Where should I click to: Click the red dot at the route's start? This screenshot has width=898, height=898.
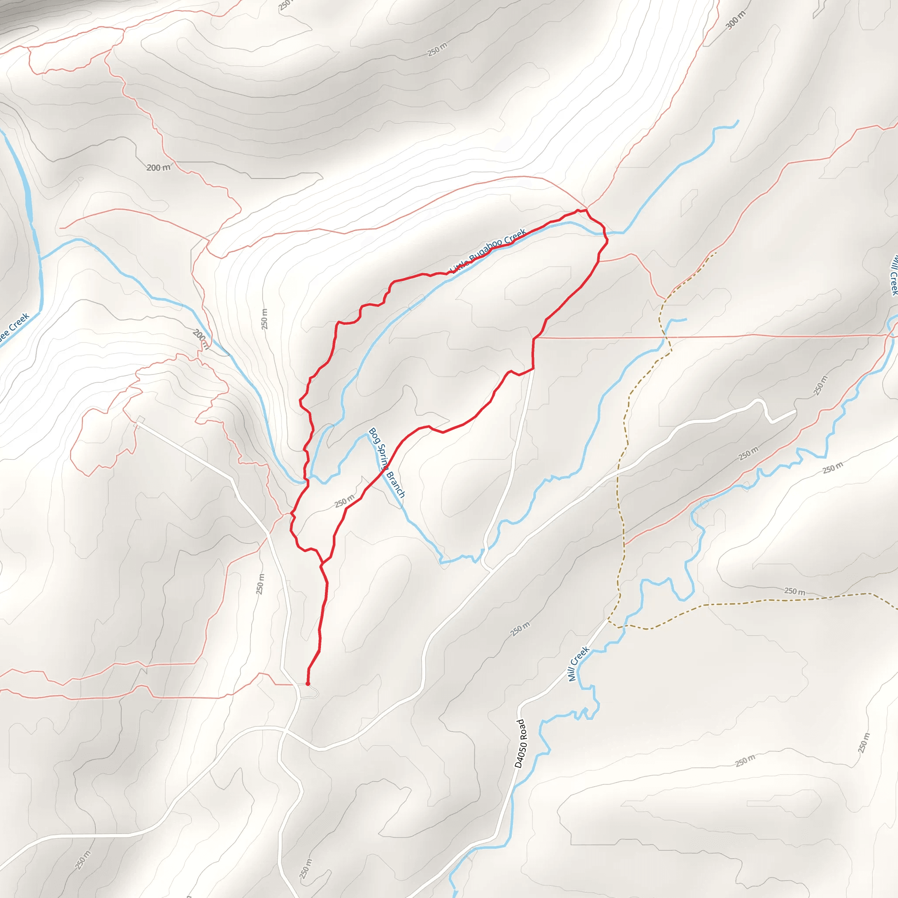[x=308, y=684]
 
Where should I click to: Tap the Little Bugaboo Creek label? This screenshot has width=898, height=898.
[x=488, y=250]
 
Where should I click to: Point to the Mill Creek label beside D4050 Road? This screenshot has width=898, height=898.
[x=579, y=664]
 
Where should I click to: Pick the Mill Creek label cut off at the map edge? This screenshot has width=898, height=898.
[x=893, y=274]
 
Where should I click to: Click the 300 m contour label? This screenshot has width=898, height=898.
[x=735, y=20]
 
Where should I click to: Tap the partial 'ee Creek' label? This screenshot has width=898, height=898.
[x=14, y=328]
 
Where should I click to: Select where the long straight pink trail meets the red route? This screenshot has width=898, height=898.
[x=534, y=339]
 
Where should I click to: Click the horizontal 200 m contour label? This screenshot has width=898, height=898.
[x=158, y=168]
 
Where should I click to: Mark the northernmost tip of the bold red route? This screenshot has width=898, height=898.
[x=586, y=210]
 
